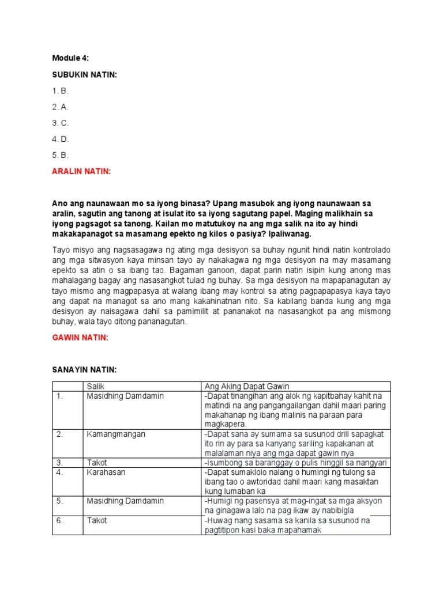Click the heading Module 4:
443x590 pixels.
click(x=70, y=58)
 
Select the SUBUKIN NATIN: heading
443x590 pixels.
click(x=84, y=75)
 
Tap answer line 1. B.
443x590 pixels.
click(x=61, y=91)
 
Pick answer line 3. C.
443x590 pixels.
click(x=61, y=123)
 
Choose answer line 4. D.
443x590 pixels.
click(x=61, y=139)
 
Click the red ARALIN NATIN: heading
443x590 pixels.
click(x=81, y=171)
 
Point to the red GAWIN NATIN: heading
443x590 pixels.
click(x=80, y=338)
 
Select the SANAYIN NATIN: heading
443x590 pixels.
click(x=84, y=369)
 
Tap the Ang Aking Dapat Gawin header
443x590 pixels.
click(x=246, y=386)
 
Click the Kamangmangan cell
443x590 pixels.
click(x=115, y=434)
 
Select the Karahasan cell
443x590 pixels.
click(x=106, y=472)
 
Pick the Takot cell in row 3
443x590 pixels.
click(x=97, y=463)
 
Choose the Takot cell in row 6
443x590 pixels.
click(x=97, y=520)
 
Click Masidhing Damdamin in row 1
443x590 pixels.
click(x=125, y=396)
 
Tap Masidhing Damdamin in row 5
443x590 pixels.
click(x=125, y=501)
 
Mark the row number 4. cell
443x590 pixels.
click(x=59, y=472)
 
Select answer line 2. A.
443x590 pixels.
click(x=61, y=107)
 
